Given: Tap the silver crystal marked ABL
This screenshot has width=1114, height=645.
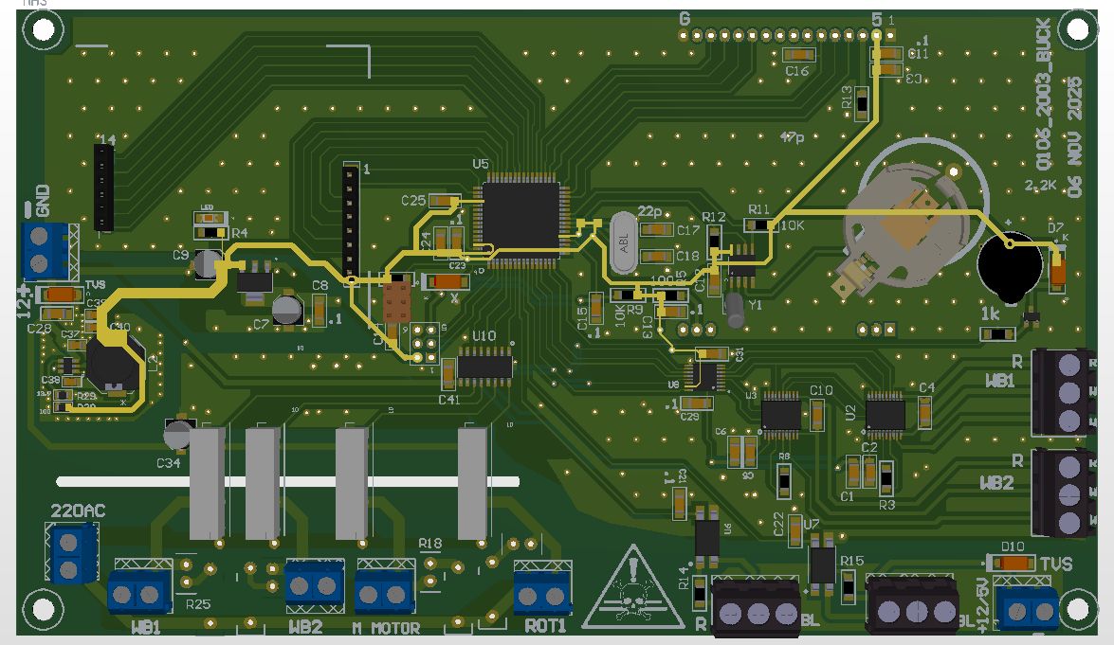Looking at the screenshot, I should pyautogui.click(x=622, y=242).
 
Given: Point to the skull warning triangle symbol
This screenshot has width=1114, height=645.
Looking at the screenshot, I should pyautogui.click(x=632, y=588).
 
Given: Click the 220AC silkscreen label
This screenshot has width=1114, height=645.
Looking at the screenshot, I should pyautogui.click(x=78, y=511).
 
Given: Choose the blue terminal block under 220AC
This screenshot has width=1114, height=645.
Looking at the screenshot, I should pyautogui.click(x=72, y=554).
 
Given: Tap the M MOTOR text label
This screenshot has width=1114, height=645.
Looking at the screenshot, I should pyautogui.click(x=385, y=627).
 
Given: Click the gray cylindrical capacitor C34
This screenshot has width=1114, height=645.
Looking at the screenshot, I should pyautogui.click(x=176, y=436).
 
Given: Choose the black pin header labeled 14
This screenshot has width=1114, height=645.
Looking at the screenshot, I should pyautogui.click(x=102, y=188).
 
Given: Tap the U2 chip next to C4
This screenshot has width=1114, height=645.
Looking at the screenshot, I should pyautogui.click(x=884, y=413).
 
